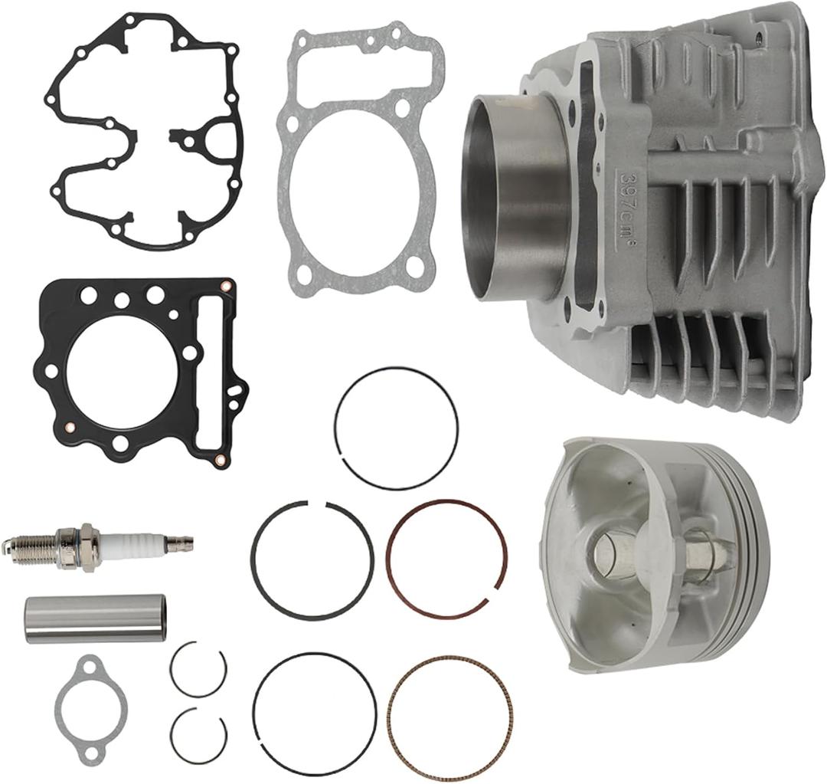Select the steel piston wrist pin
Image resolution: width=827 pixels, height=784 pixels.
96,618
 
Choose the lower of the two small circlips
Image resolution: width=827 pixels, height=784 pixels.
198,734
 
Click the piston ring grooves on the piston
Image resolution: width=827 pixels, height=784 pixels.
754,536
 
